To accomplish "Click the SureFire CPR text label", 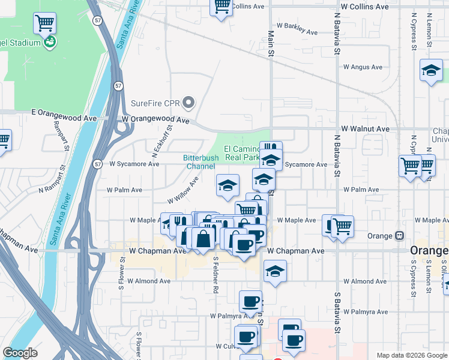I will click(156, 103).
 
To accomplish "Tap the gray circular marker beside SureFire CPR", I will click(190, 103).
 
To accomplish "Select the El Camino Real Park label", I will click(241, 153).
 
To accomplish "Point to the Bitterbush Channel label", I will click(200, 162).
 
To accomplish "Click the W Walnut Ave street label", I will click(365, 129).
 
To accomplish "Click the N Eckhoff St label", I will click(162, 141).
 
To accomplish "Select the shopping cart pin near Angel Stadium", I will click(45, 23).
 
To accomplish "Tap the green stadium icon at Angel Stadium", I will click(51, 42).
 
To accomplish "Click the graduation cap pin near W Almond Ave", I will click(276, 271).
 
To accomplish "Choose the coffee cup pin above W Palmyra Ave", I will click(250, 301).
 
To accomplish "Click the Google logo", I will click(20, 353).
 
